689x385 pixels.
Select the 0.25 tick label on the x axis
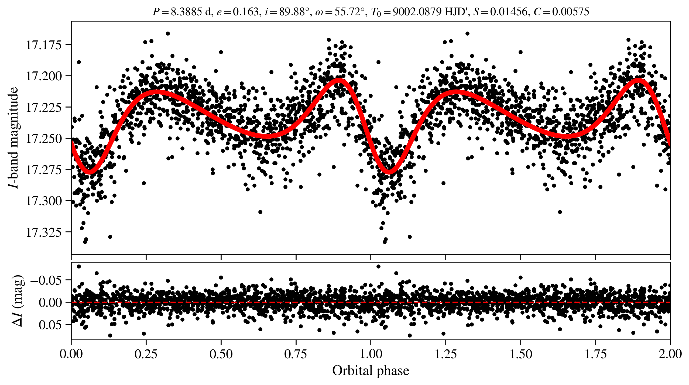point(146,354)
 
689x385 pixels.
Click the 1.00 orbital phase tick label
point(371,354)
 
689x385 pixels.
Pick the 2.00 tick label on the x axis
point(670,354)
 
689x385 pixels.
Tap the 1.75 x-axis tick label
point(595,354)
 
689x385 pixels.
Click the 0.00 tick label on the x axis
point(71,354)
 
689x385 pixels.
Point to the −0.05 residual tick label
point(46,280)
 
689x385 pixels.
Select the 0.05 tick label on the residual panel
point(50,325)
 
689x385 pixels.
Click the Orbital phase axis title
point(371,371)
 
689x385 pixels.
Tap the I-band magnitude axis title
point(13,137)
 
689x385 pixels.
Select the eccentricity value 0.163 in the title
point(246,12)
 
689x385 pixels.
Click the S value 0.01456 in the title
point(509,12)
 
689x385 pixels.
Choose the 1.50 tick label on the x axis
point(520,354)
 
